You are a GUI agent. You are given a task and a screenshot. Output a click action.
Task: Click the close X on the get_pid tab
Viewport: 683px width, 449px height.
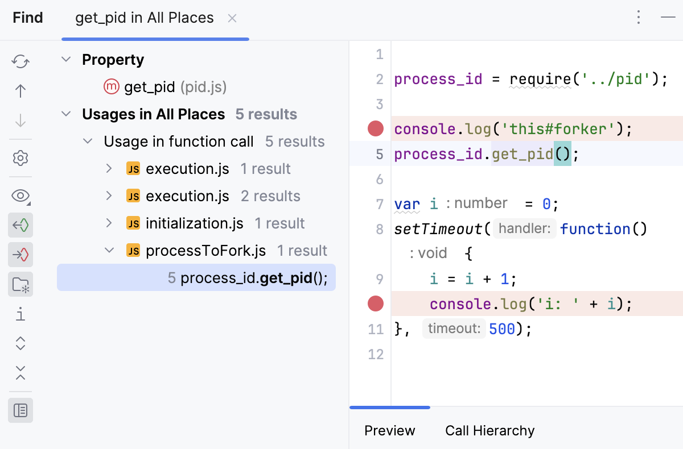[232, 18]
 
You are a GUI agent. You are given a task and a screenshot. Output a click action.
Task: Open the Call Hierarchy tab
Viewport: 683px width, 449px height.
[489, 431]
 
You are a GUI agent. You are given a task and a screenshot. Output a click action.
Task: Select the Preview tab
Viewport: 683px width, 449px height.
[390, 431]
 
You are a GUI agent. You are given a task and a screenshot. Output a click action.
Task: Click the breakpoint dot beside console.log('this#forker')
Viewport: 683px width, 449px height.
[376, 129]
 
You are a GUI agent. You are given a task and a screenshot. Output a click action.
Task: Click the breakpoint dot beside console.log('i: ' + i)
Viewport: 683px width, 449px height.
[376, 304]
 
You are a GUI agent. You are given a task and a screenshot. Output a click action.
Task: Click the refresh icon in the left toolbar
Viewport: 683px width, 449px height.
[20, 61]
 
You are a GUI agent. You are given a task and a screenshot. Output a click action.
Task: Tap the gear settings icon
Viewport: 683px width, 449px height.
[20, 158]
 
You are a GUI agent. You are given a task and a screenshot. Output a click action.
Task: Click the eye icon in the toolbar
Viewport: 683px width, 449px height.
[20, 196]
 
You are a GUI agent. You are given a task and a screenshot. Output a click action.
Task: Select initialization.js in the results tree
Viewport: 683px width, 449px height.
[194, 223]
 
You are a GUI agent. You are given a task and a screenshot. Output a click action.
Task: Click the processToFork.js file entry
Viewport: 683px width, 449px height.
[205, 251]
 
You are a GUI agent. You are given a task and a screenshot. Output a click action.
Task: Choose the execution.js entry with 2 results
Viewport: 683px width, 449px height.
[187, 196]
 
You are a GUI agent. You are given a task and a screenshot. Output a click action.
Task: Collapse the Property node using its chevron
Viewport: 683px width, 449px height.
[67, 60]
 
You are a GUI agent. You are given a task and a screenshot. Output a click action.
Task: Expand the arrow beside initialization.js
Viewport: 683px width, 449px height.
[109, 223]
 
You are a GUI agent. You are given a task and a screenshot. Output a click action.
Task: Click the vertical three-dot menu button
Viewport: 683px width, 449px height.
[639, 18]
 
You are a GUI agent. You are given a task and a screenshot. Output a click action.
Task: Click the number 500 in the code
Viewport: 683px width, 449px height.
[501, 329]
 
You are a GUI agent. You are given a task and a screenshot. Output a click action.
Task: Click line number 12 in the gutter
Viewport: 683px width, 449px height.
[376, 355]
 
